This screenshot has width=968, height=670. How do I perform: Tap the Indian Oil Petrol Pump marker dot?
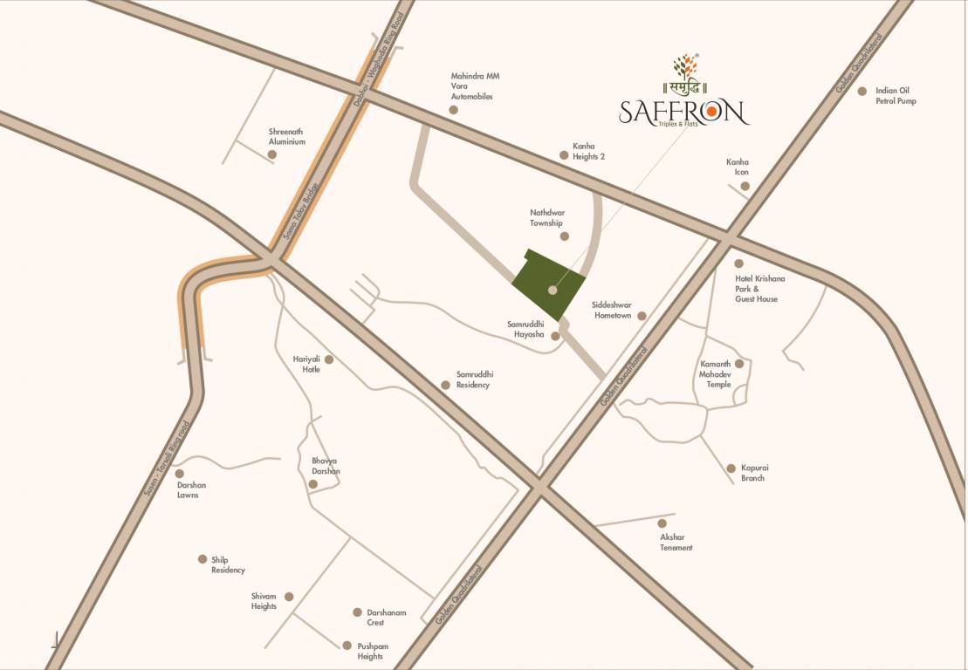pos(862,91)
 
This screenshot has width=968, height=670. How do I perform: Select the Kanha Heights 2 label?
pos(588,151)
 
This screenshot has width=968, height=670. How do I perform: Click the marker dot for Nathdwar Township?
pos(564,236)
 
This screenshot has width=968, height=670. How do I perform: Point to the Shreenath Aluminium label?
pos(286,136)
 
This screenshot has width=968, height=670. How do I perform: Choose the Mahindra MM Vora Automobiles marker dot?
pos(453,110)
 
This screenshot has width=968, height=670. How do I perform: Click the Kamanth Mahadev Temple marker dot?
pos(738,364)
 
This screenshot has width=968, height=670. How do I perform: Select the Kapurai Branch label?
pos(753,473)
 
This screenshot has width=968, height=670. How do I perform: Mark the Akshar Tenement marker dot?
pos(662,523)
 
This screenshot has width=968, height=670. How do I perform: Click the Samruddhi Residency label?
pos(473,379)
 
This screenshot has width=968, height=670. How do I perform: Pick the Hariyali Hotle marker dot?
pos(329,359)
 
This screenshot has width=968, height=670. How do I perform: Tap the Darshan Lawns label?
pos(191,489)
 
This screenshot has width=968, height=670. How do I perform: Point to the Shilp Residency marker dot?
pos(203,559)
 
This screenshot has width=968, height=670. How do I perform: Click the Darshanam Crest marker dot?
pos(357,612)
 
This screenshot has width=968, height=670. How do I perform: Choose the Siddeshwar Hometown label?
pos(611,310)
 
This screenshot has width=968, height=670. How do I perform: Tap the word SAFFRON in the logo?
pos(683,113)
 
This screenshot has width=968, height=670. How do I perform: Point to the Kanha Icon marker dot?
pos(744,186)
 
